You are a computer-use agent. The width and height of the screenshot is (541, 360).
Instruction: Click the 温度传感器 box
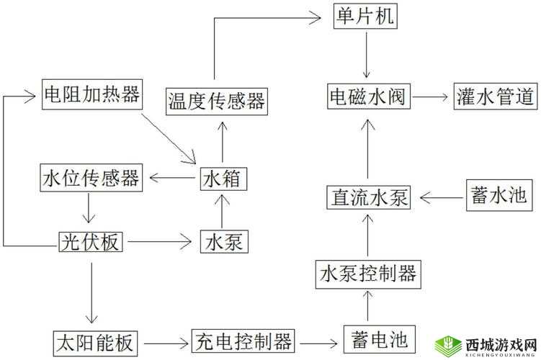[215, 99]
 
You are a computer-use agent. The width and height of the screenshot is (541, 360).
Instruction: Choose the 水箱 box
[223, 177]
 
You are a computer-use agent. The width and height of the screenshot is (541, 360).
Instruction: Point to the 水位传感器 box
[91, 177]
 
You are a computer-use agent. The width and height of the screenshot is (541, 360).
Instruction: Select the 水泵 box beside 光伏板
[223, 242]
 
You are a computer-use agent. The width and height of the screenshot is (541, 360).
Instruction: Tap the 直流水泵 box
[368, 197]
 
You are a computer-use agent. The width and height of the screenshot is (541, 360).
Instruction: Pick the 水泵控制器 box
[367, 273]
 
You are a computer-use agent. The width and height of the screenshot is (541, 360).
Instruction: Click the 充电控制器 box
[243, 339]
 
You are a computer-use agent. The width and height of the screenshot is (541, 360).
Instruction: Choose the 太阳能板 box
[96, 339]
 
